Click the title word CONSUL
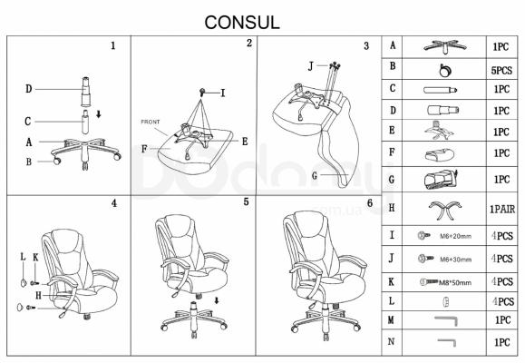click(x=242, y=21)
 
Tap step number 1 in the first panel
click(x=112, y=45)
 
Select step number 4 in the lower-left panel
click(x=113, y=203)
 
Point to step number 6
click(x=369, y=203)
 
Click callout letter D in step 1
click(x=29, y=88)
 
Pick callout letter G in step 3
click(x=315, y=174)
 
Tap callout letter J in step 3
click(x=310, y=66)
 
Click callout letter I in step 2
click(x=222, y=93)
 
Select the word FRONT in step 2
click(x=151, y=121)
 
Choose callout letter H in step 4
click(x=38, y=294)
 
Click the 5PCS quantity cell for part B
click(x=501, y=67)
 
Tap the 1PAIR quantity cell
click(x=501, y=209)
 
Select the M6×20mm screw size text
click(x=454, y=236)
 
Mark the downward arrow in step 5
click(x=218, y=301)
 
